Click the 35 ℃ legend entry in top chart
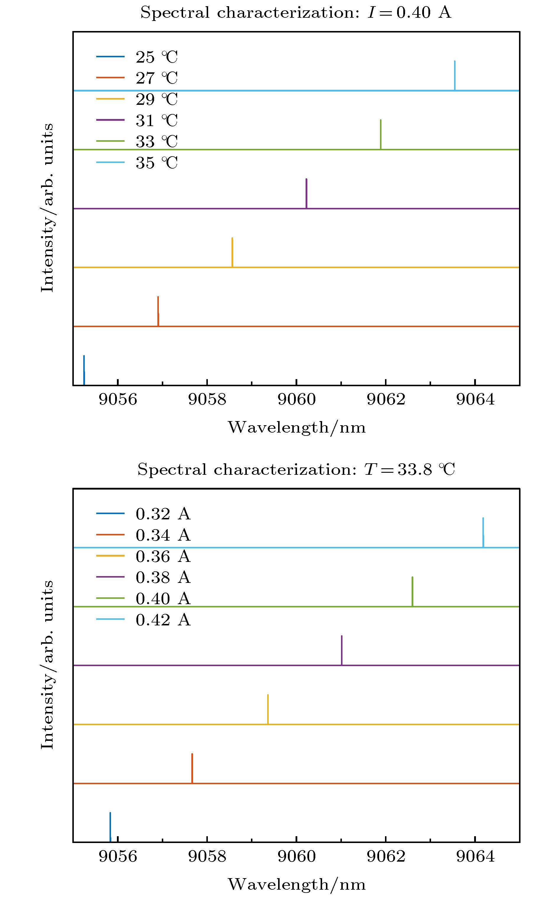[x=156, y=163]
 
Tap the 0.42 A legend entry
[x=163, y=619]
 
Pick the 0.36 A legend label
[x=163, y=556]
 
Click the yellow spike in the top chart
[x=232, y=252]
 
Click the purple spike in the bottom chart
[x=342, y=650]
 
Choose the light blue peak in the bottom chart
[x=483, y=532]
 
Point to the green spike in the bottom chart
[x=412, y=591]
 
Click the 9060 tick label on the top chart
[x=296, y=400]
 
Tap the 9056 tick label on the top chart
[x=118, y=400]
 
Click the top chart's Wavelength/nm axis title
[x=296, y=428]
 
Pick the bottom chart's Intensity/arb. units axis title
[x=47, y=665]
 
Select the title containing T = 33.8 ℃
[x=296, y=470]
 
